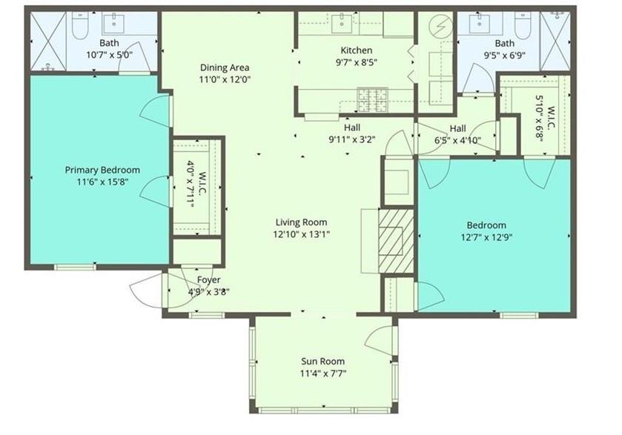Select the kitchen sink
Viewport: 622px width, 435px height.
tap(343, 24)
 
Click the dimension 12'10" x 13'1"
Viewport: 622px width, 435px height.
tap(301, 233)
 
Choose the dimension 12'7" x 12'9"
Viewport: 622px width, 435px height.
tap(486, 237)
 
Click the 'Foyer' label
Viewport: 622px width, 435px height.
tap(208, 279)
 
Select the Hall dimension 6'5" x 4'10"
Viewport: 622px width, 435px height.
tap(457, 139)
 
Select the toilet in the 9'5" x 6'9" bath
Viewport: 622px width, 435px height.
tap(522, 26)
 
